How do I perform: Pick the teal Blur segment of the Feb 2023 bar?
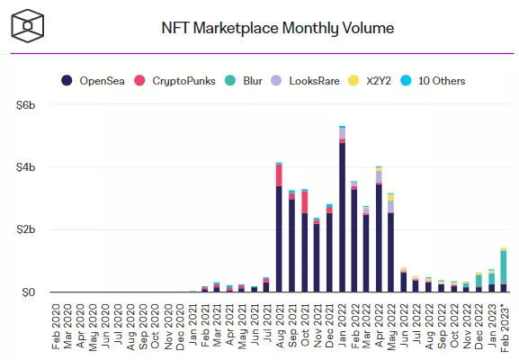[x=503, y=267]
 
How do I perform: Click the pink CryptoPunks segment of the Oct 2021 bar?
[x=304, y=202]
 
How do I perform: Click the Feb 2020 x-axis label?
[x=56, y=324]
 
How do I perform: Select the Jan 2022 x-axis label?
[x=342, y=324]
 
